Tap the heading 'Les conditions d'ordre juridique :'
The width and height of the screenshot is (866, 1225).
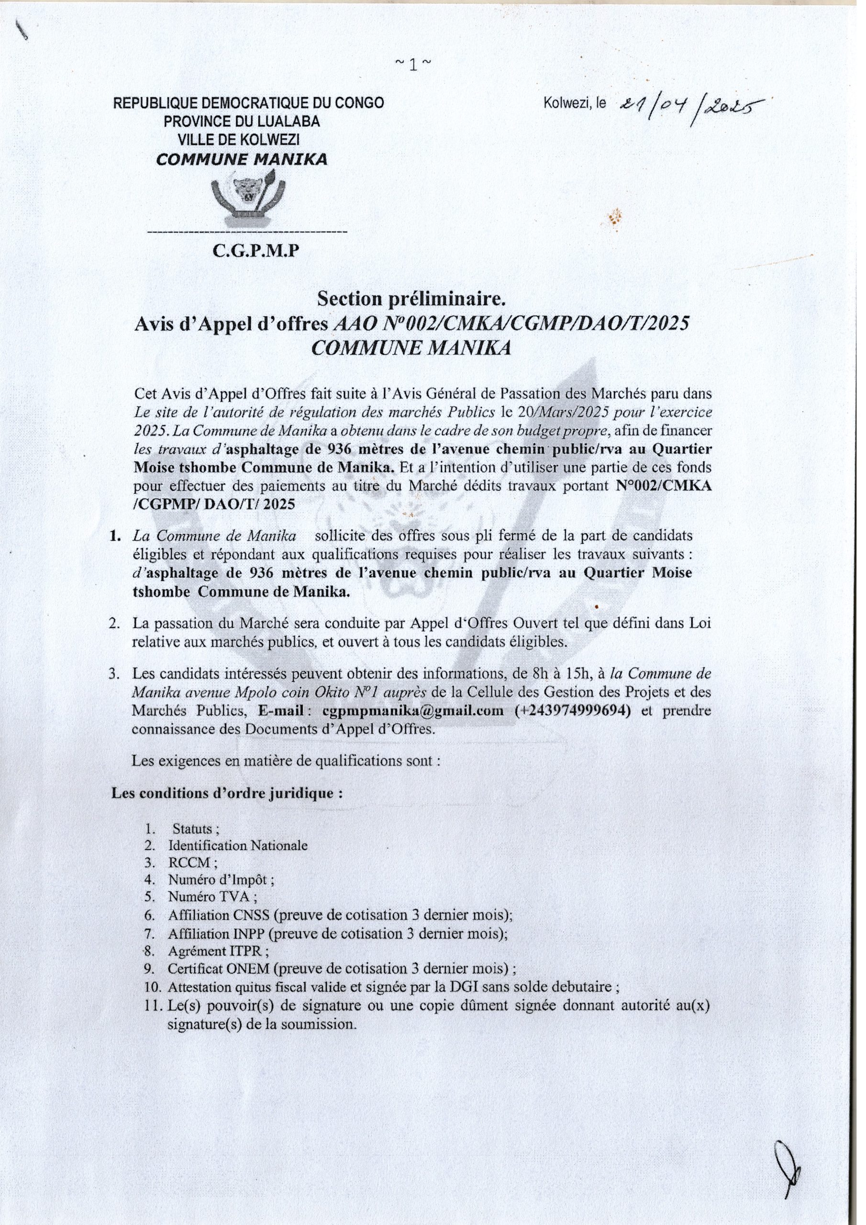click(226, 808)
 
